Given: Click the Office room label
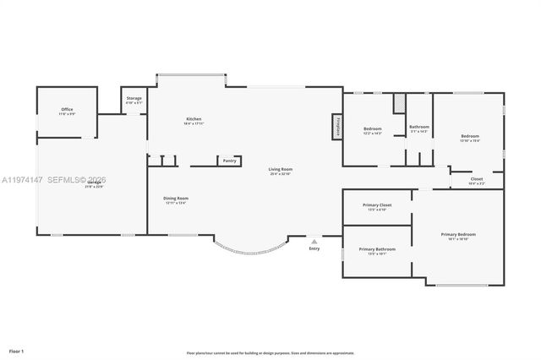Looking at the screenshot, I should coord(68,110).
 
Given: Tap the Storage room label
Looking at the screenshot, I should coord(134,99).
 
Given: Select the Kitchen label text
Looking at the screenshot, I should coord(194,118).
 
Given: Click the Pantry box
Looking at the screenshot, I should coord(229,161).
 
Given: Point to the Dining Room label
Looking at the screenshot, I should coord(176,199).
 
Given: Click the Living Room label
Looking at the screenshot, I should coord(280,170).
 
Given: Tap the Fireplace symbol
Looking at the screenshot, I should coord(336,127).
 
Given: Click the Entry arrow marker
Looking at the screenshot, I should coord(314,241).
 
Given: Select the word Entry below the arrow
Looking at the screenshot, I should coord(314,248).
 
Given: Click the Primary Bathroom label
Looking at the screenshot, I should coord(377,249).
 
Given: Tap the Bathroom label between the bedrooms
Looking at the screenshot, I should coord(419,127).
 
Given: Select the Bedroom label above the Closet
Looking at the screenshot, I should coord(470,136).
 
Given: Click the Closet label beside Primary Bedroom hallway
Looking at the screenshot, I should coord(477,179).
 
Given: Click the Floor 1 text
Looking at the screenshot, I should coord(17,349).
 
